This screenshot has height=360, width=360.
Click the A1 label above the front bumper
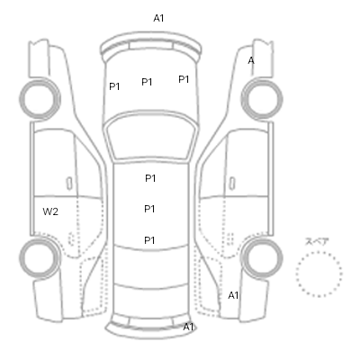pos(158,18)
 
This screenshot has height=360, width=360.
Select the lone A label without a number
pos(251,61)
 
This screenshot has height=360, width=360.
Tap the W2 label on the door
pos(50,211)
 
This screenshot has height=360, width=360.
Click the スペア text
pos(317,242)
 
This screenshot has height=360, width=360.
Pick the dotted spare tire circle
pos(319,253)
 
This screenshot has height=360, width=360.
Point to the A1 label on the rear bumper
pos(188,327)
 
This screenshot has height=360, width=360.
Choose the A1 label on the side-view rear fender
pos(233,295)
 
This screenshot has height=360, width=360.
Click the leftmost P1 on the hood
pos(114,86)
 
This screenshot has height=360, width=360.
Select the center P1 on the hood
pos(147,82)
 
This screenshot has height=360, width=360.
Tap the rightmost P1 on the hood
pos(184,79)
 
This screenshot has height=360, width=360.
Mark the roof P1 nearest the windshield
pos(150,178)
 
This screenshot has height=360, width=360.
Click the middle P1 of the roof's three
pos(149,209)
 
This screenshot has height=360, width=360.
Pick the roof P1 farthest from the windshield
pos(149,240)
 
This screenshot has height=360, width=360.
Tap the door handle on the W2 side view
pos(69,184)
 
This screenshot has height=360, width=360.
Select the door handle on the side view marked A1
pos(232,184)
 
